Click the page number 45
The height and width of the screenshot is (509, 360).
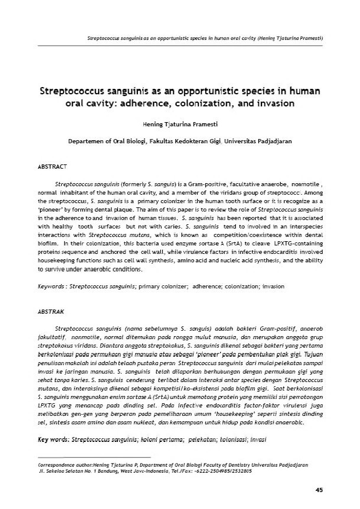click(319, 489)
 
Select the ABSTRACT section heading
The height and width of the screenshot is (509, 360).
click(53, 165)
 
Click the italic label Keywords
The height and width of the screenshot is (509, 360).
click(51, 285)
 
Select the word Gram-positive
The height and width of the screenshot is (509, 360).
click(188, 182)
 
